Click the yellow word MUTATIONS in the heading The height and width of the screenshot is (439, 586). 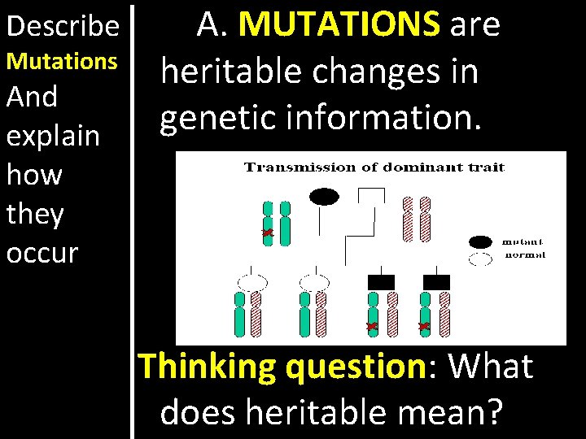coord(339,25)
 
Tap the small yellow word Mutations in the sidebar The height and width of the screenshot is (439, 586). coord(62,61)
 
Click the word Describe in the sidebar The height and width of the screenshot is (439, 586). coord(62,26)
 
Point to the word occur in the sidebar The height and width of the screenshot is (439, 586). coord(42,252)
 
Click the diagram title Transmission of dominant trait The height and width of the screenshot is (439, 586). coord(375,167)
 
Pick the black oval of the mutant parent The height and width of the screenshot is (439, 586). coord(323,196)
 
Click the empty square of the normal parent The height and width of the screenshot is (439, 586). coord(372,197)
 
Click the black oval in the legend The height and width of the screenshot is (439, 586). coord(480,241)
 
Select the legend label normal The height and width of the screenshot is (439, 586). coord(525,255)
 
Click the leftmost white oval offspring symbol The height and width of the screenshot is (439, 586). coord(251,282)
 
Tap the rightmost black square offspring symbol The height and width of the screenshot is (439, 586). coord(435,282)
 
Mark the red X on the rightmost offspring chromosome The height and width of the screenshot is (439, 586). coord(423,326)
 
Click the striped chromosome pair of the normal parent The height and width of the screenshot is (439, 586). coord(416,219)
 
